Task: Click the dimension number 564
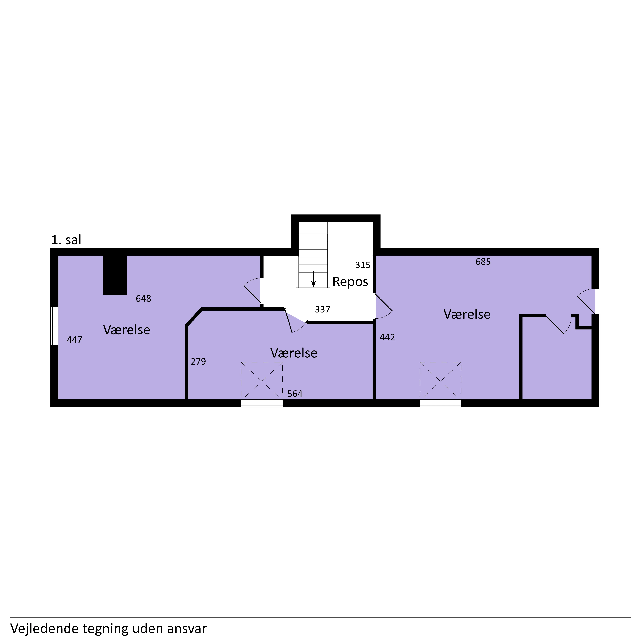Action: tap(295, 394)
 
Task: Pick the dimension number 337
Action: tap(322, 309)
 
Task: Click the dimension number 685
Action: tap(483, 262)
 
